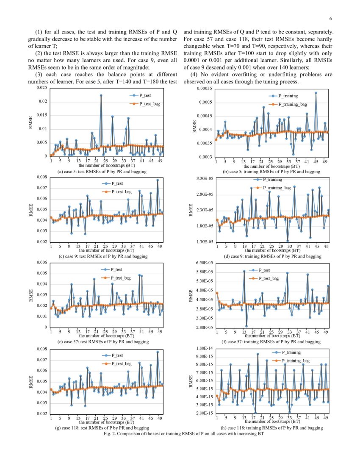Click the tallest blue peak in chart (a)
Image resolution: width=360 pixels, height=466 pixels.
[x=101, y=95]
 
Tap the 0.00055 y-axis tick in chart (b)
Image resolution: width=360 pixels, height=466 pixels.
[x=205, y=89]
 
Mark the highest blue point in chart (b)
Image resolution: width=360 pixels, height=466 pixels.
[x=316, y=93]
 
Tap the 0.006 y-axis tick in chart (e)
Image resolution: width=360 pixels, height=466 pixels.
[x=42, y=263]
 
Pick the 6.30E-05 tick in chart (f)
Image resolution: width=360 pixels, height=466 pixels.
[x=205, y=263]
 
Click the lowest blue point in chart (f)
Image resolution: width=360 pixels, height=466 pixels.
[x=246, y=326]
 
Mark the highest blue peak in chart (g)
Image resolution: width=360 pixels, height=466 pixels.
[x=158, y=352]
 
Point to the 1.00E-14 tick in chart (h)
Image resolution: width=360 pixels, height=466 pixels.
[x=205, y=348]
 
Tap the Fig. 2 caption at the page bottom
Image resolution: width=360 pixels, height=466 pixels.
[x=180, y=434]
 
